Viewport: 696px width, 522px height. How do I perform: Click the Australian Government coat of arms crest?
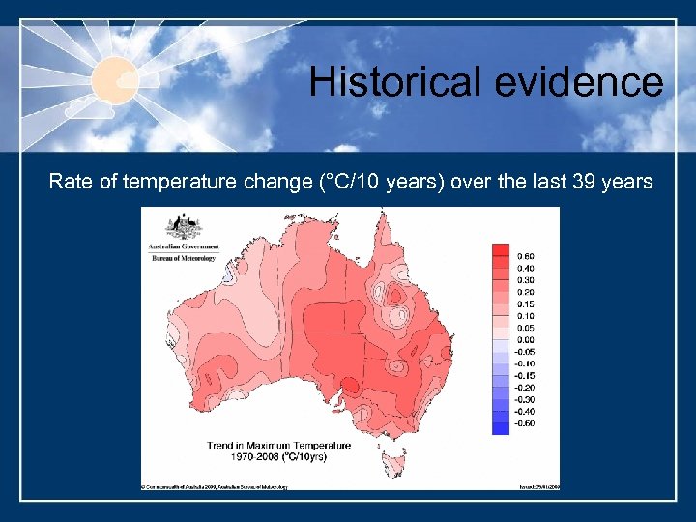pyautogui.click(x=183, y=227)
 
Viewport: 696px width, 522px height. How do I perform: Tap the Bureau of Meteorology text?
pyautogui.click(x=183, y=259)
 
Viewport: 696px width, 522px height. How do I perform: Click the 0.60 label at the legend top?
pyautogui.click(x=526, y=256)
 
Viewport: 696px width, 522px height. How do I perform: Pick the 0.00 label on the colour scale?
pyautogui.click(x=526, y=339)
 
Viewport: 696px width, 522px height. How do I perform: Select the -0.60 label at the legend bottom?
pyautogui.click(x=525, y=423)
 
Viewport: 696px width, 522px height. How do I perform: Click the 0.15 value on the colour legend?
pyautogui.click(x=526, y=304)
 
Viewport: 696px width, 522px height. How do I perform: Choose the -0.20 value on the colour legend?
pyautogui.click(x=525, y=388)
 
